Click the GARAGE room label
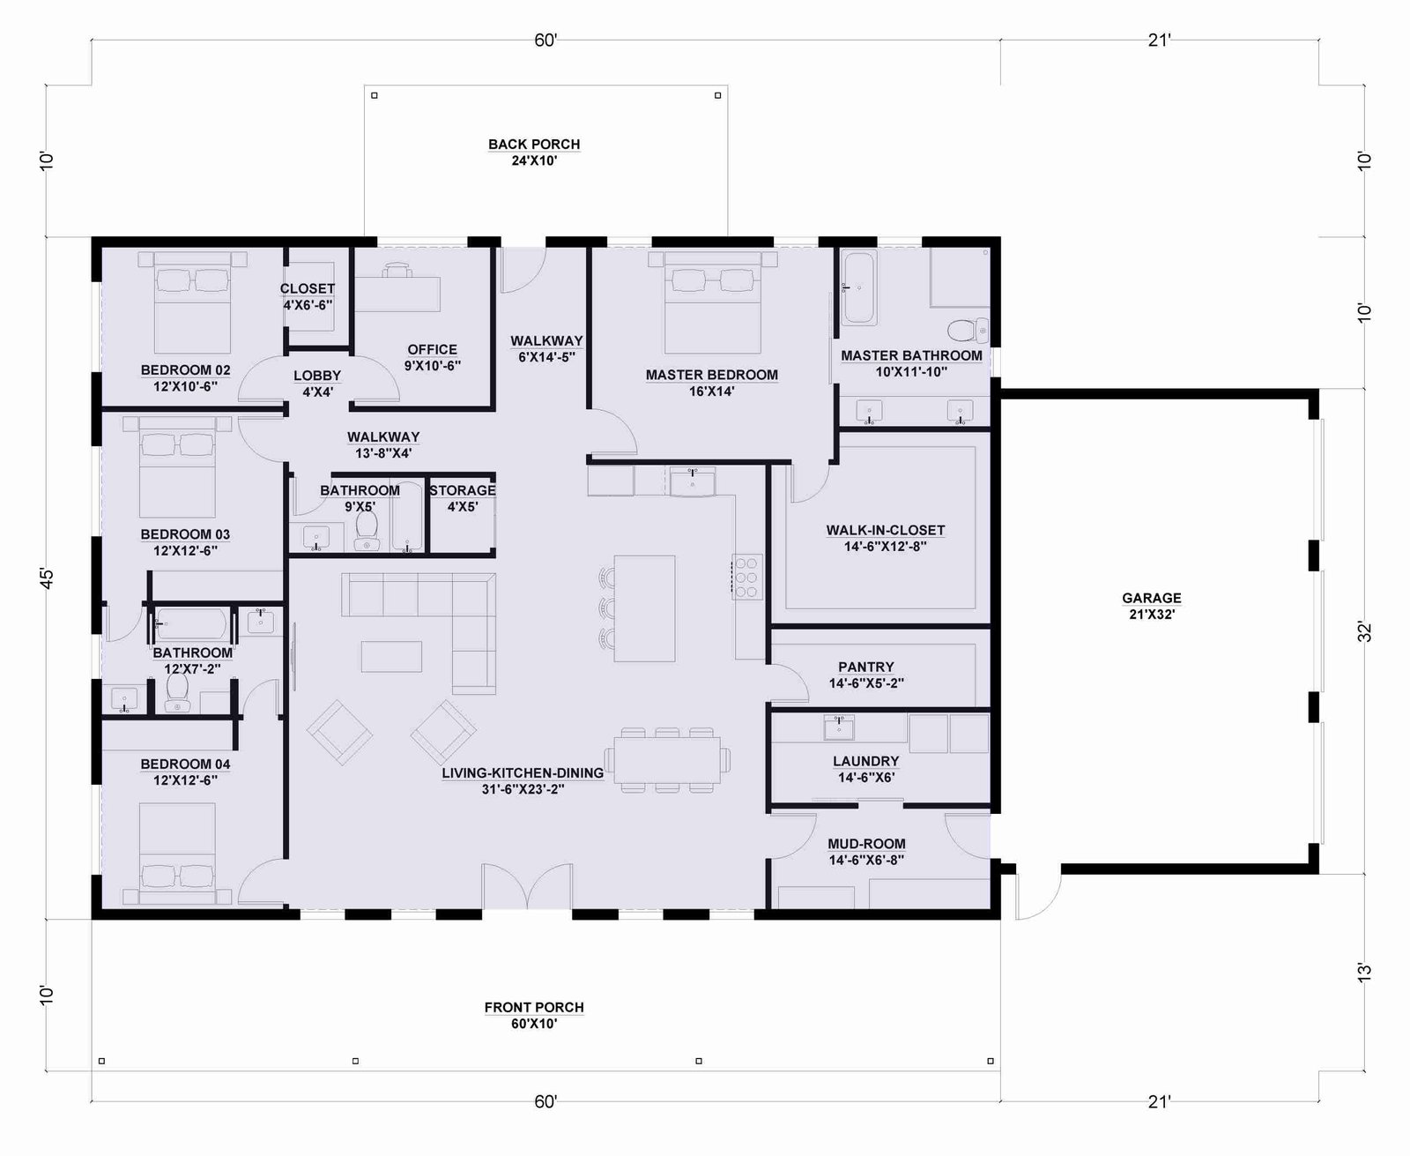click(x=1151, y=598)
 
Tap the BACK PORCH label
click(x=533, y=144)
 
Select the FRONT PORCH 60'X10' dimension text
click(x=533, y=1024)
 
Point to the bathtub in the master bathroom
click(x=858, y=288)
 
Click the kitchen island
click(x=644, y=608)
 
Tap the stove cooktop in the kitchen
click(x=747, y=576)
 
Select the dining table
click(x=667, y=760)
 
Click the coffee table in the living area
click(x=392, y=656)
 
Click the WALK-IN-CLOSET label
click(x=885, y=530)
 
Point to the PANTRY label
click(x=865, y=667)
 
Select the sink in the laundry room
click(x=839, y=727)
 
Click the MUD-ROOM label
click(x=866, y=844)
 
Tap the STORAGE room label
click(x=463, y=490)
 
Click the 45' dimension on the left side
click(x=46, y=578)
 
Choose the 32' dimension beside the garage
click(x=1364, y=631)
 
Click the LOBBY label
click(x=317, y=376)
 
